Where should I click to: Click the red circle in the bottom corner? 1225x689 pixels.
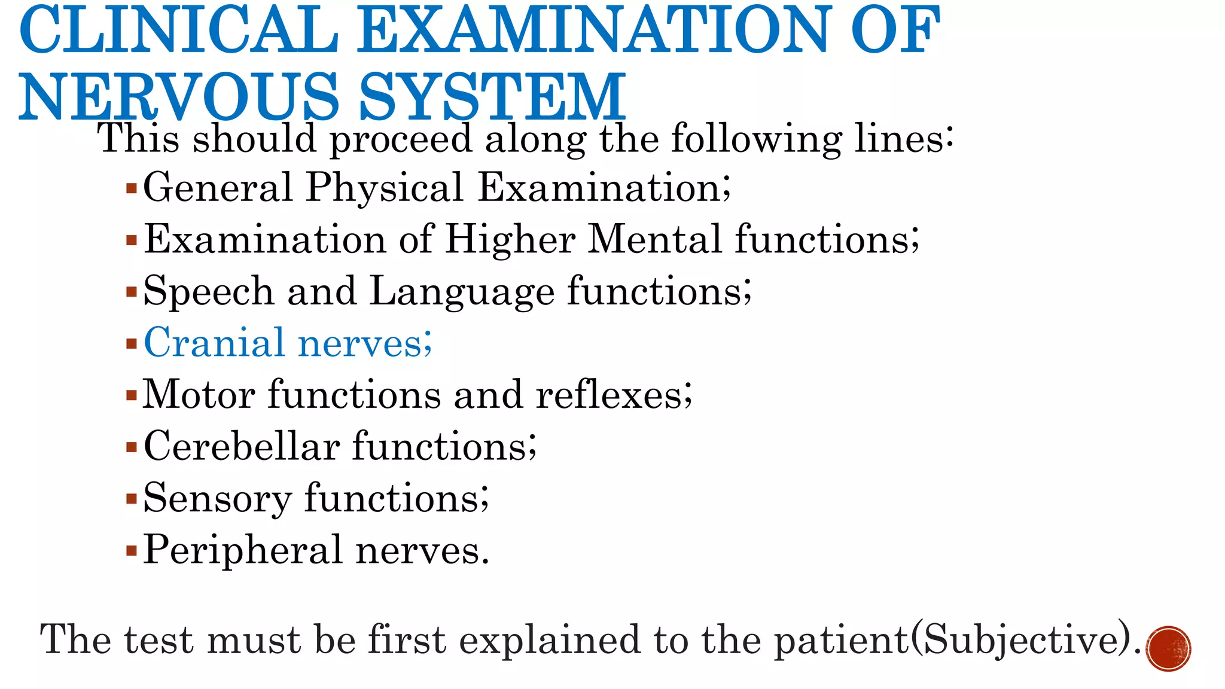pos(1168,648)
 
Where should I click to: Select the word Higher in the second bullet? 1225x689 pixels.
pos(510,239)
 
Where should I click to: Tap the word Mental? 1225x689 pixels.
pos(654,239)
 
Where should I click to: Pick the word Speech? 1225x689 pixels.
pos(208,292)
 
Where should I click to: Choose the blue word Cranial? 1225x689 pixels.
pos(214,343)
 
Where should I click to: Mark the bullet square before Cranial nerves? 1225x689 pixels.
pos(132,344)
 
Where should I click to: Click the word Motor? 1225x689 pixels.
pos(199,395)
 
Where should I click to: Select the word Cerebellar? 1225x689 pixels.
pos(242,446)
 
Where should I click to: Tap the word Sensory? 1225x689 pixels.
pos(218,499)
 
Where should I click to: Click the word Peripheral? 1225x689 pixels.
pos(243,550)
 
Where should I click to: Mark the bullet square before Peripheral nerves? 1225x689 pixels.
pos(132,551)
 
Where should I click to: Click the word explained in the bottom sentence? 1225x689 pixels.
pos(550,640)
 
